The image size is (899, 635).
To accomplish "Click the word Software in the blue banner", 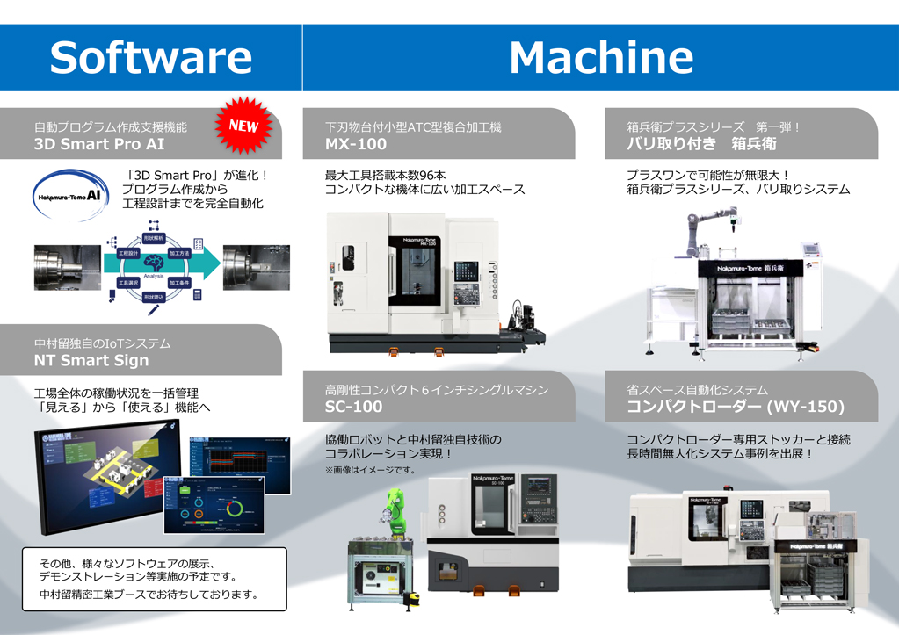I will coord(150,58).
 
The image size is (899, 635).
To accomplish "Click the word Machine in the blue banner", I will coord(601,58).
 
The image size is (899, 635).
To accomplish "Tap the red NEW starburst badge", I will coord(243,126).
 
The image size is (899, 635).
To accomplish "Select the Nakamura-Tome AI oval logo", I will coord(71,196).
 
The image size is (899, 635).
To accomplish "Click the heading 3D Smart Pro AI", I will coord(99,144).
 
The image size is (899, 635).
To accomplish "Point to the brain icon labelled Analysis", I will coord(153,263).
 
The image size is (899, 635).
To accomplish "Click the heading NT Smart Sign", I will coord(91,360).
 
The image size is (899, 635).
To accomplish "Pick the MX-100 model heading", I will coord(355,144).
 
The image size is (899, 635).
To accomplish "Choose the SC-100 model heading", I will coord(353,407).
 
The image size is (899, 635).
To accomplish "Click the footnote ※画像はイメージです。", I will coord(369,471).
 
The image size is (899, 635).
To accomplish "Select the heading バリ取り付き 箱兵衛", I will coord(701,144).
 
